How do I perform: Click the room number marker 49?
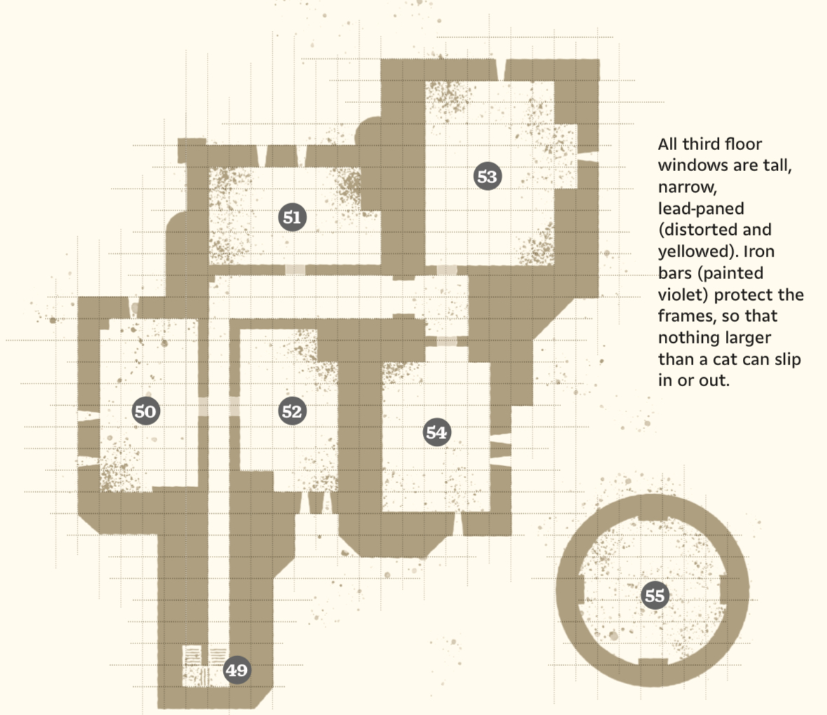pyautogui.click(x=236, y=669)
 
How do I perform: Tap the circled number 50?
pyautogui.click(x=146, y=411)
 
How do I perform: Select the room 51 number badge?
pyautogui.click(x=293, y=217)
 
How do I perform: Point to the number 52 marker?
pyautogui.click(x=292, y=411)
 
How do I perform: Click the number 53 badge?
pyautogui.click(x=487, y=176)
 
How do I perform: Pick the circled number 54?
pyautogui.click(x=436, y=432)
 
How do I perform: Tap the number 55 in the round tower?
pyautogui.click(x=654, y=595)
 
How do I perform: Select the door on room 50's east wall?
pyautogui.click(x=203, y=407)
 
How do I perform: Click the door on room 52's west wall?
pyautogui.click(x=235, y=407)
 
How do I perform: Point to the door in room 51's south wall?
pyautogui.click(x=295, y=270)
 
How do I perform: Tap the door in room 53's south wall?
pyautogui.click(x=447, y=271)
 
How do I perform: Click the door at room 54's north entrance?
pyautogui.click(x=447, y=341)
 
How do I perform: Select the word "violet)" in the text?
pyautogui.click(x=683, y=294)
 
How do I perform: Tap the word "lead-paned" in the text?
pyautogui.click(x=701, y=208)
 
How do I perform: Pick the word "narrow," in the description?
pyautogui.click(x=687, y=187)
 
